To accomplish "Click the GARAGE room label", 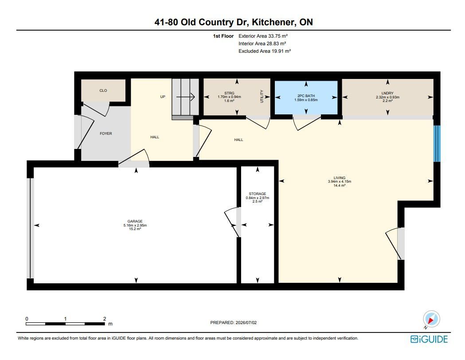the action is [x=135, y=221].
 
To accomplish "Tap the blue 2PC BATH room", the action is [x=306, y=97].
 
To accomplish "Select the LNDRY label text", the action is [x=387, y=93].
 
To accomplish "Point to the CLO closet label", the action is [x=103, y=90].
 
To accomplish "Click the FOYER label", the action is [x=106, y=133].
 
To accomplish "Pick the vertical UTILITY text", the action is [x=262, y=96].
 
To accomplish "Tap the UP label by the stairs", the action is [x=163, y=97].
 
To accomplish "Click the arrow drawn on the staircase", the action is [x=185, y=97].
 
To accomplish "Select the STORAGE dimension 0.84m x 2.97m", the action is [x=258, y=198].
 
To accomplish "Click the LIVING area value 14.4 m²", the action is [x=340, y=185].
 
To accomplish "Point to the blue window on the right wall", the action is [x=437, y=144].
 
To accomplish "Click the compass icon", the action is [x=431, y=319].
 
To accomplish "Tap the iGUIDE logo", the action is [x=429, y=339].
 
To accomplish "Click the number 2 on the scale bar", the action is [x=104, y=319].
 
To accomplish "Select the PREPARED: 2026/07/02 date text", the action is [x=234, y=323].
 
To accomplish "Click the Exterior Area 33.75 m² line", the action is [x=263, y=36].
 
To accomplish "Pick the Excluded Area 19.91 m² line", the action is [x=265, y=51].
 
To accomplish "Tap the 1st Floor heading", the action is [x=223, y=36].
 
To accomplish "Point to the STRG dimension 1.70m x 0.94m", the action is [x=229, y=97].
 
